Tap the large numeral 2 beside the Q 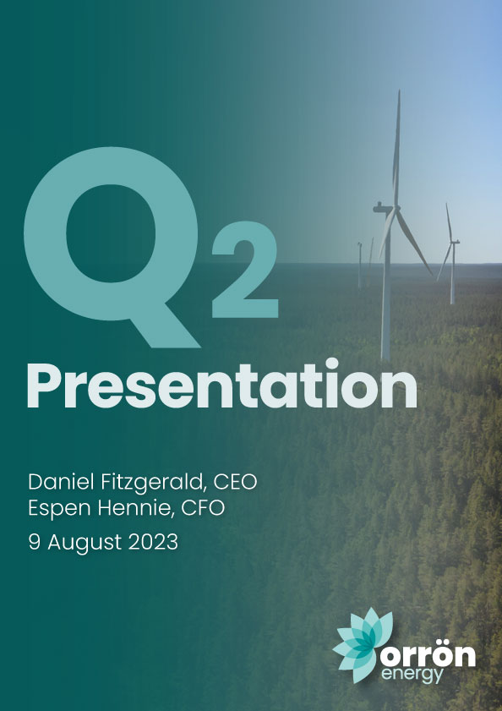244,270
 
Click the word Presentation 221,386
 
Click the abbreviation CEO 235,482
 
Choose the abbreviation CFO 203,508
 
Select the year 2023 153,542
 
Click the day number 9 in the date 35,542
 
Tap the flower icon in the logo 363,645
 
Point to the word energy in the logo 412,675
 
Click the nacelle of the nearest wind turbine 383,208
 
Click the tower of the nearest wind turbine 386,286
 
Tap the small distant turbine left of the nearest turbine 360,265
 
